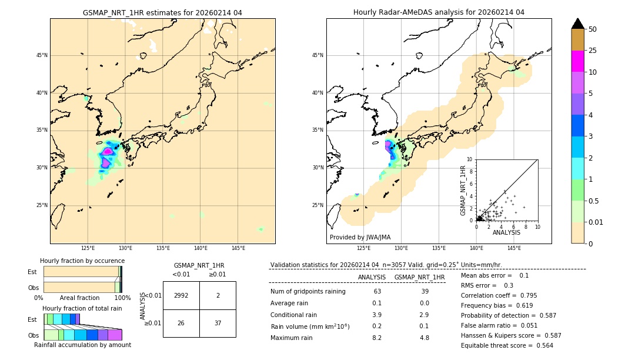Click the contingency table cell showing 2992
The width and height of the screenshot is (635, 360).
(x=181, y=295)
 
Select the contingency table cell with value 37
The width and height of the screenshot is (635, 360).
(x=218, y=323)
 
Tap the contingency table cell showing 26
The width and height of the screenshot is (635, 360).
(x=181, y=323)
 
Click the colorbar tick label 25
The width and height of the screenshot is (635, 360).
(x=593, y=51)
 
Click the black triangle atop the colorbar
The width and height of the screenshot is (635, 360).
(x=578, y=24)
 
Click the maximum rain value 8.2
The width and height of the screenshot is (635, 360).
(x=377, y=338)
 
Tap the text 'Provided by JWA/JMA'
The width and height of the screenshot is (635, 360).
(x=360, y=237)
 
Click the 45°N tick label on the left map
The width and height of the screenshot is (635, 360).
(x=42, y=55)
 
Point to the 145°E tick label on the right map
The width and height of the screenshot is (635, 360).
(x=514, y=248)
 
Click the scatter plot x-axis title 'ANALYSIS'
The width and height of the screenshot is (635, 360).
(x=506, y=232)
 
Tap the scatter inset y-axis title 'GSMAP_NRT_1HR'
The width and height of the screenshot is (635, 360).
(x=463, y=190)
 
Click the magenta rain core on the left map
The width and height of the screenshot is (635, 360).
(x=107, y=152)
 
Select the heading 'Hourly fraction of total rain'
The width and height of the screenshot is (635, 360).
(x=82, y=308)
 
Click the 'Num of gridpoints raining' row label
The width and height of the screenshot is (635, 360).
(x=308, y=292)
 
